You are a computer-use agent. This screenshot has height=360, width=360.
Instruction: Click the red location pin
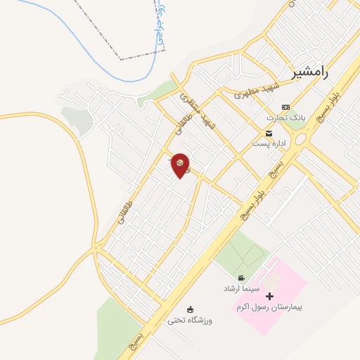tap(181, 165)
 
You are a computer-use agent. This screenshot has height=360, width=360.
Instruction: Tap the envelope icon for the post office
tap(268, 133)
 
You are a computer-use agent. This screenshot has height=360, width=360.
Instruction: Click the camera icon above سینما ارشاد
tap(241, 278)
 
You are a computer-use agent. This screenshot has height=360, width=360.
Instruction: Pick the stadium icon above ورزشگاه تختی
tap(189, 309)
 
